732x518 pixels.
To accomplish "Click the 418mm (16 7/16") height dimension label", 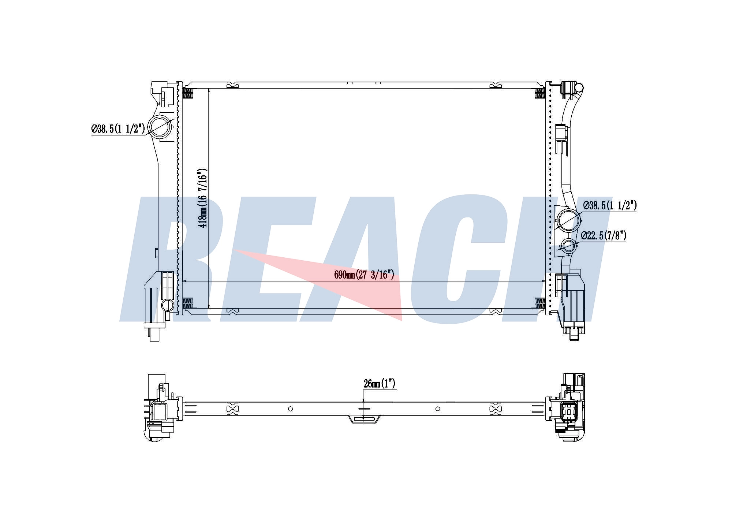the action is (x=203, y=198).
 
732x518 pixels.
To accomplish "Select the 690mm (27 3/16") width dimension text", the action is (x=364, y=275).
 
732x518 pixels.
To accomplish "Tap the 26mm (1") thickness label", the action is (x=380, y=384).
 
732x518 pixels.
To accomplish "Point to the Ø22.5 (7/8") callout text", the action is (x=604, y=235).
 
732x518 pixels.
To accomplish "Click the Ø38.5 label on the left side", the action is (x=118, y=129).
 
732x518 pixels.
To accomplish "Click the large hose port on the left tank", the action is (x=161, y=127).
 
